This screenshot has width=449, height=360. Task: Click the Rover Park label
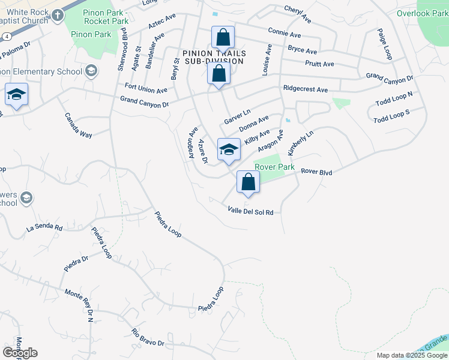coord(274,167)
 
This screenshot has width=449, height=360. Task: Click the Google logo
coord(20,353)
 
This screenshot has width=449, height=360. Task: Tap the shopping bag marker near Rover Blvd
coord(249,182)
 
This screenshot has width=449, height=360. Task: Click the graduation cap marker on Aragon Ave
coord(229,149)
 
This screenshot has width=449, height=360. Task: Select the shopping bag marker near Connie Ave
coord(223,38)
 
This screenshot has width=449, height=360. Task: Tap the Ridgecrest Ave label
coord(306,89)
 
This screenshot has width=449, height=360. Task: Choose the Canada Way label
coord(79,125)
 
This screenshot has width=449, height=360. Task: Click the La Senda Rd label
coord(44,228)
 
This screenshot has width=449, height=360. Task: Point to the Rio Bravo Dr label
coord(148,338)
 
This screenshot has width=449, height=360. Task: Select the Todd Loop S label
coord(391,116)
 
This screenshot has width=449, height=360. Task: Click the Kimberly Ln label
coord(300,143)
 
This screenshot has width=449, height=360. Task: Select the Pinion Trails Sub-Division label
coord(213,57)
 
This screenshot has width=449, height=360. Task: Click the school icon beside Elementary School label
coord(91,72)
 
